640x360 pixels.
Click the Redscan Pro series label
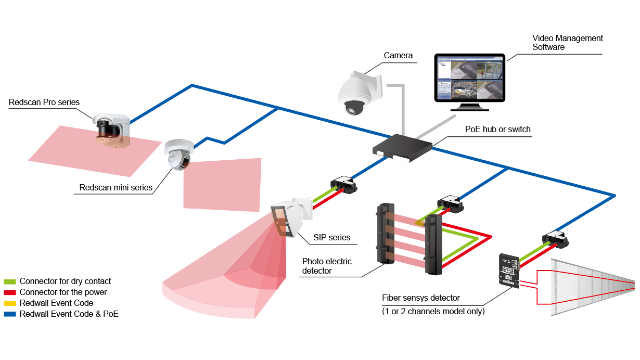44,102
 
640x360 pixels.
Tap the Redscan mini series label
116,187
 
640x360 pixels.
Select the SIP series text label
331,237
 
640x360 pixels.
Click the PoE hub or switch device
402,147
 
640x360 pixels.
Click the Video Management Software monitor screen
469,78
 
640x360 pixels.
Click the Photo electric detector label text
327,266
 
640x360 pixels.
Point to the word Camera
398,55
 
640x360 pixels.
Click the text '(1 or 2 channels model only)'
433,311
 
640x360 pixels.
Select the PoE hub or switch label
498,129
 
